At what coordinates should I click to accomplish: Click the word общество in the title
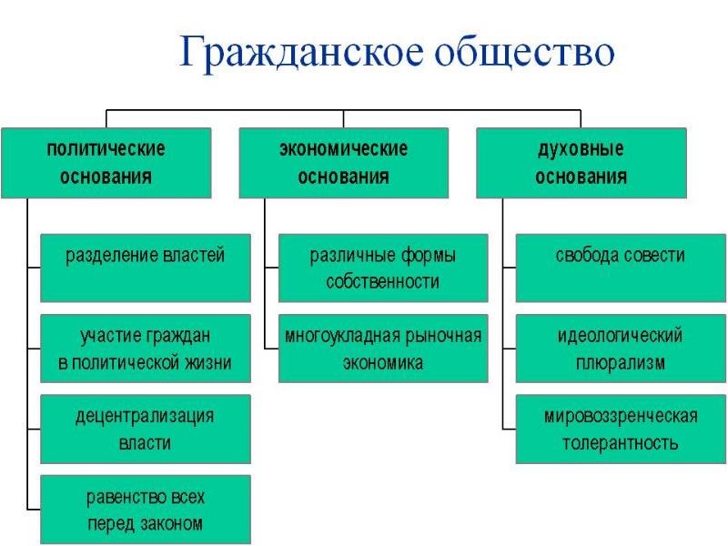point(525,52)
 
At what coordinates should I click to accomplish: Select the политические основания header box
point(106,163)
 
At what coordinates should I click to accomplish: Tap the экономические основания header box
point(344,163)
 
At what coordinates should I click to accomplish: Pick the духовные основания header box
point(581,163)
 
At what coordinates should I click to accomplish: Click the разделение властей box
point(146,268)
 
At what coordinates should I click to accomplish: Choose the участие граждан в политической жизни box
point(146,349)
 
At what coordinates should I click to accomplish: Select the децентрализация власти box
point(146,429)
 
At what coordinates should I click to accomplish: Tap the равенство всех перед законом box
point(146,510)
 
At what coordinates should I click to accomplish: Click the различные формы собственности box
point(383,268)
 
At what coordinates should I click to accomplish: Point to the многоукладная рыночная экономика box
point(383,349)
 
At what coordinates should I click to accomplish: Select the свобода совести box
point(621,268)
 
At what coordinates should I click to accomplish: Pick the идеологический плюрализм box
point(621,349)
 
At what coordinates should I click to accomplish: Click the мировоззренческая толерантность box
point(621,429)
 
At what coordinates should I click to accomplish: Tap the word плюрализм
point(621,363)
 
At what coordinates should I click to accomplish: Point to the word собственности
point(382,282)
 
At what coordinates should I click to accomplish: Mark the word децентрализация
point(145,417)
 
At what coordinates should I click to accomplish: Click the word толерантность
point(621,443)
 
